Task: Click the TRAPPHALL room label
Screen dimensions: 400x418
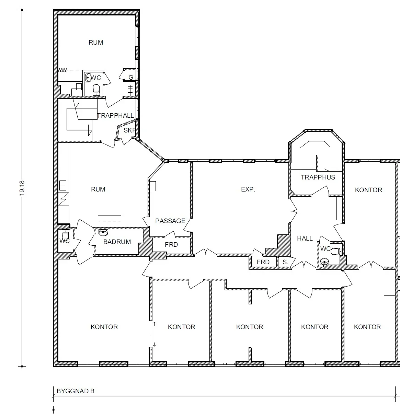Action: click(x=115, y=116)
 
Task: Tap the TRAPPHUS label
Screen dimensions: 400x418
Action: click(x=318, y=177)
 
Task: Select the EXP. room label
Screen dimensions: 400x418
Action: click(x=248, y=189)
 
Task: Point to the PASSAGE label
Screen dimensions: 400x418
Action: click(x=170, y=221)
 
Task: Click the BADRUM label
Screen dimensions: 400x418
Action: click(x=117, y=242)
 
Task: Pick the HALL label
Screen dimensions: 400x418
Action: click(x=305, y=238)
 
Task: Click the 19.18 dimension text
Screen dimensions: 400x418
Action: click(x=22, y=188)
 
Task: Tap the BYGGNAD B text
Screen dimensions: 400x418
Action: click(x=76, y=391)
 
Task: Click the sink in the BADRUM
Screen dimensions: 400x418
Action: click(x=103, y=232)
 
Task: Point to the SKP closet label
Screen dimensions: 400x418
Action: click(x=129, y=130)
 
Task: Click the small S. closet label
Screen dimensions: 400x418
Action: click(x=285, y=262)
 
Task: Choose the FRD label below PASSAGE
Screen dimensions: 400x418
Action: click(x=171, y=244)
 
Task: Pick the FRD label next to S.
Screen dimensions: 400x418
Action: click(x=263, y=262)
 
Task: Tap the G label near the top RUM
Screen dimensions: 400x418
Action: click(x=131, y=77)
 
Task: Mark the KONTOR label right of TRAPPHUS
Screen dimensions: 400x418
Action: click(x=368, y=190)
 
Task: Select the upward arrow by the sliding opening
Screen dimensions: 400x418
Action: click(x=154, y=324)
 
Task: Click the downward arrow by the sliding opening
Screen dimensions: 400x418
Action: click(x=154, y=344)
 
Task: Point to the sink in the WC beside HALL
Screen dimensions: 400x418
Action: click(x=324, y=262)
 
